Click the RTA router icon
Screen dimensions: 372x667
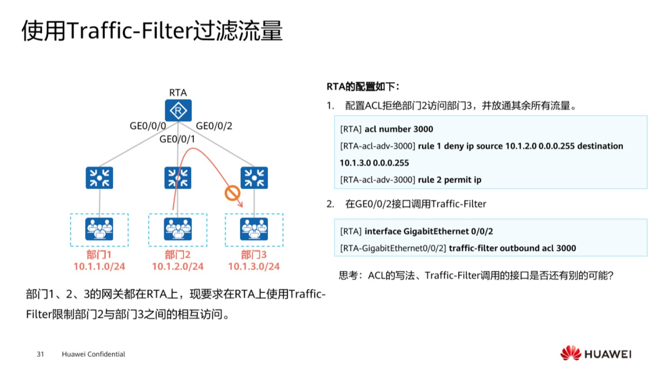[x=178, y=111]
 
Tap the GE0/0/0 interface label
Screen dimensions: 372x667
[x=148, y=126]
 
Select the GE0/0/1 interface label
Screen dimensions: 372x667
[x=177, y=139]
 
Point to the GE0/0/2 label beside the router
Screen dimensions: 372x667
[x=214, y=126]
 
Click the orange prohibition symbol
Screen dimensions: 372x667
[x=232, y=194]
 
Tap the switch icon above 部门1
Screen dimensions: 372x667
[x=99, y=178]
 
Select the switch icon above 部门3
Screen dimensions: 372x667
[x=254, y=178]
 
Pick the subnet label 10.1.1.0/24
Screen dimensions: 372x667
[x=99, y=267]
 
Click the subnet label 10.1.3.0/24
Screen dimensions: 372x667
[x=254, y=267]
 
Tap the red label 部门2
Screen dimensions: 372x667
[x=177, y=255]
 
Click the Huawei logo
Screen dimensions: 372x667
[x=596, y=354]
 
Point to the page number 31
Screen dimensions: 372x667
[x=40, y=354]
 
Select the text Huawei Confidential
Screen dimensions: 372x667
[x=93, y=354]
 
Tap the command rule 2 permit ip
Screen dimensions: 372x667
[x=450, y=180]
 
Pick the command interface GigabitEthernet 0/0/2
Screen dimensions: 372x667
[x=429, y=231]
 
